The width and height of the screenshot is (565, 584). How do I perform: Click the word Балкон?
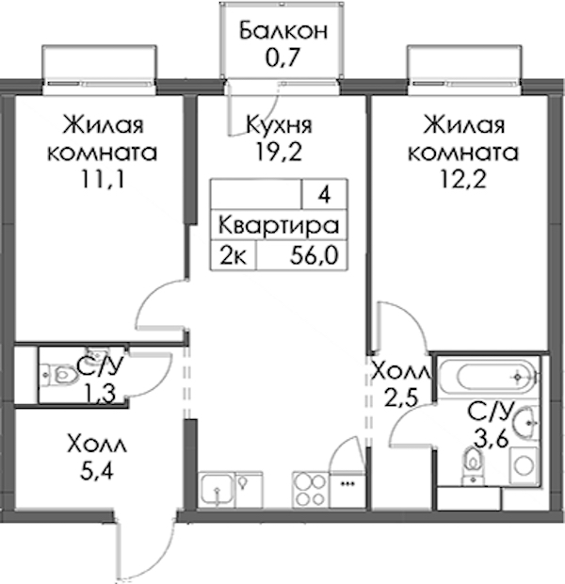(283, 31)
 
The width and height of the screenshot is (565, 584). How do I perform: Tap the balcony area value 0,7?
(282, 57)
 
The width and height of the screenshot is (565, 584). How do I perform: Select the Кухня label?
(280, 125)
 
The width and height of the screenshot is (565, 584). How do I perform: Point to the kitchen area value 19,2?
(279, 152)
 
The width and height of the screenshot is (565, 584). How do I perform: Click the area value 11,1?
(102, 180)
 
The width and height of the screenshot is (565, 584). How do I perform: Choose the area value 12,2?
(463, 180)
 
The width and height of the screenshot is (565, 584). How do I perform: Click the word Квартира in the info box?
(279, 226)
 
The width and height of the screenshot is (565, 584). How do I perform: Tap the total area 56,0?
(315, 256)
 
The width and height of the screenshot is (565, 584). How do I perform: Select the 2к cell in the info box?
(234, 256)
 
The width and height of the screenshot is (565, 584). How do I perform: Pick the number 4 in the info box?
(325, 195)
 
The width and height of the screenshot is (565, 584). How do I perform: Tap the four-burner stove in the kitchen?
(310, 490)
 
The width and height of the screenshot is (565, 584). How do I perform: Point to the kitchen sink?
(217, 490)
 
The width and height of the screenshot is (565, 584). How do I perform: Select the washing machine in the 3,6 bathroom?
(523, 466)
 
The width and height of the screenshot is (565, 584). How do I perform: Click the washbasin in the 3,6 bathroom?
(525, 423)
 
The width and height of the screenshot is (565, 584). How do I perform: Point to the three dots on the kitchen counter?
(347, 484)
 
